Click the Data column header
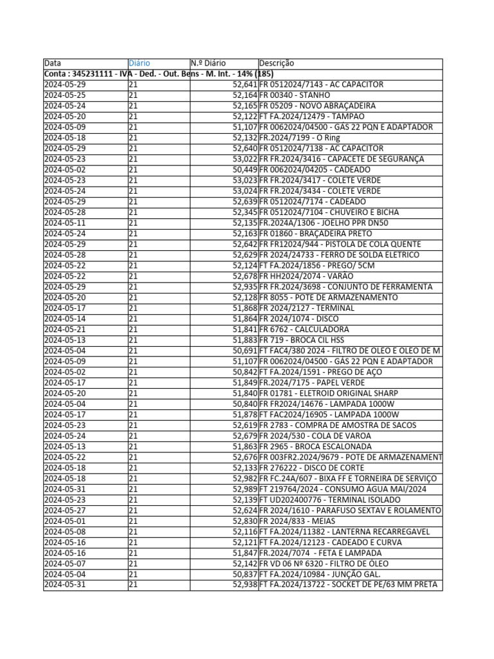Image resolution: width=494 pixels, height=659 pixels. tap(53, 64)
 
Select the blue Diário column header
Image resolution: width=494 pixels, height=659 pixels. tap(140, 64)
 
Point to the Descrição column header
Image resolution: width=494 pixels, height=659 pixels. tap(277, 64)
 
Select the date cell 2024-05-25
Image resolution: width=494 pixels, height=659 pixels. tap(64, 95)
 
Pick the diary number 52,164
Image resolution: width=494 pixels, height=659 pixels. tap(245, 95)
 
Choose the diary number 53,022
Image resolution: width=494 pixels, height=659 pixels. tap(245, 159)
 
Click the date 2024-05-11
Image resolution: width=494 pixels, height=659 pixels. tap(64, 223)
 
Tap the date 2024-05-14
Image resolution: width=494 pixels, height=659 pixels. tap(64, 319)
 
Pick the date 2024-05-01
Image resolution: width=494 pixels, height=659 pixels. tap(64, 521)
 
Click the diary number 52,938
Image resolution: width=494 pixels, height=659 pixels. tap(245, 584)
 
